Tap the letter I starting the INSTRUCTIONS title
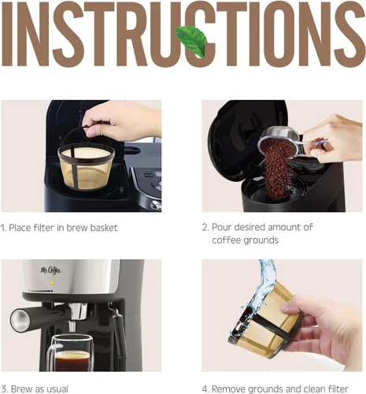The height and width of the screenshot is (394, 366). (11, 36)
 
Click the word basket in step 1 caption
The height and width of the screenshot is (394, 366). (103, 228)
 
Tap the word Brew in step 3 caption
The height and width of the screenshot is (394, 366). (20, 388)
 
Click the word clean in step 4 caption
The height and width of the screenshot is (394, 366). (310, 388)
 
